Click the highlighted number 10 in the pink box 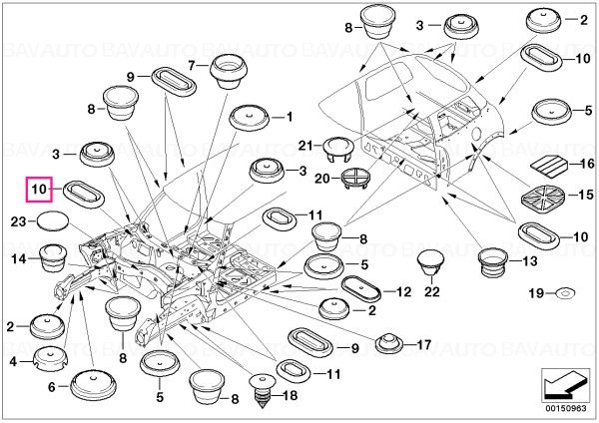point(39,189)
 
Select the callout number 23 point(18,221)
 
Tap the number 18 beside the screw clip point(291,395)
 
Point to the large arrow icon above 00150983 point(564,385)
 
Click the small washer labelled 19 point(565,293)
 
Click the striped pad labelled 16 point(549,166)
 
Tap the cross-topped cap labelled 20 point(354,178)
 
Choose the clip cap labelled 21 point(337,148)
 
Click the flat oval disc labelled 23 point(52,220)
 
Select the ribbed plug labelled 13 point(492,261)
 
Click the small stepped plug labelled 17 point(389,342)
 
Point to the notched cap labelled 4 point(49,359)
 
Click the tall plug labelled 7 point(229,72)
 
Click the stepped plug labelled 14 point(54,258)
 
